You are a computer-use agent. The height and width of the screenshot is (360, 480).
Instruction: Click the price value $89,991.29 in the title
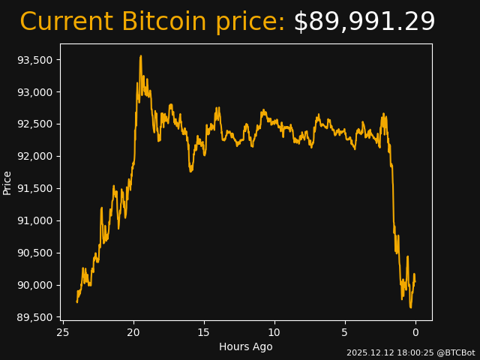(364, 22)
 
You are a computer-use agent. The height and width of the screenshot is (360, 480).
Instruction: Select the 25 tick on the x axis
(63, 332)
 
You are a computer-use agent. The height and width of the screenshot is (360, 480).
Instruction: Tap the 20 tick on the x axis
(133, 332)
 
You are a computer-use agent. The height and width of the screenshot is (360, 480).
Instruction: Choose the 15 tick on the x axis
(204, 332)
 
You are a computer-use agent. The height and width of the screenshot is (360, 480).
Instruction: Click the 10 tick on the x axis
(274, 332)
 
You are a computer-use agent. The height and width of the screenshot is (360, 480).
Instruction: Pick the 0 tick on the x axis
(415, 332)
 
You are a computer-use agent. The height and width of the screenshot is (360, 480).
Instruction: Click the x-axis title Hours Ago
(245, 346)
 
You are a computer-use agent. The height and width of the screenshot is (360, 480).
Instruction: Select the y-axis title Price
(7, 182)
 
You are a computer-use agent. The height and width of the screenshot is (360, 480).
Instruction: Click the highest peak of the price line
(140, 56)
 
